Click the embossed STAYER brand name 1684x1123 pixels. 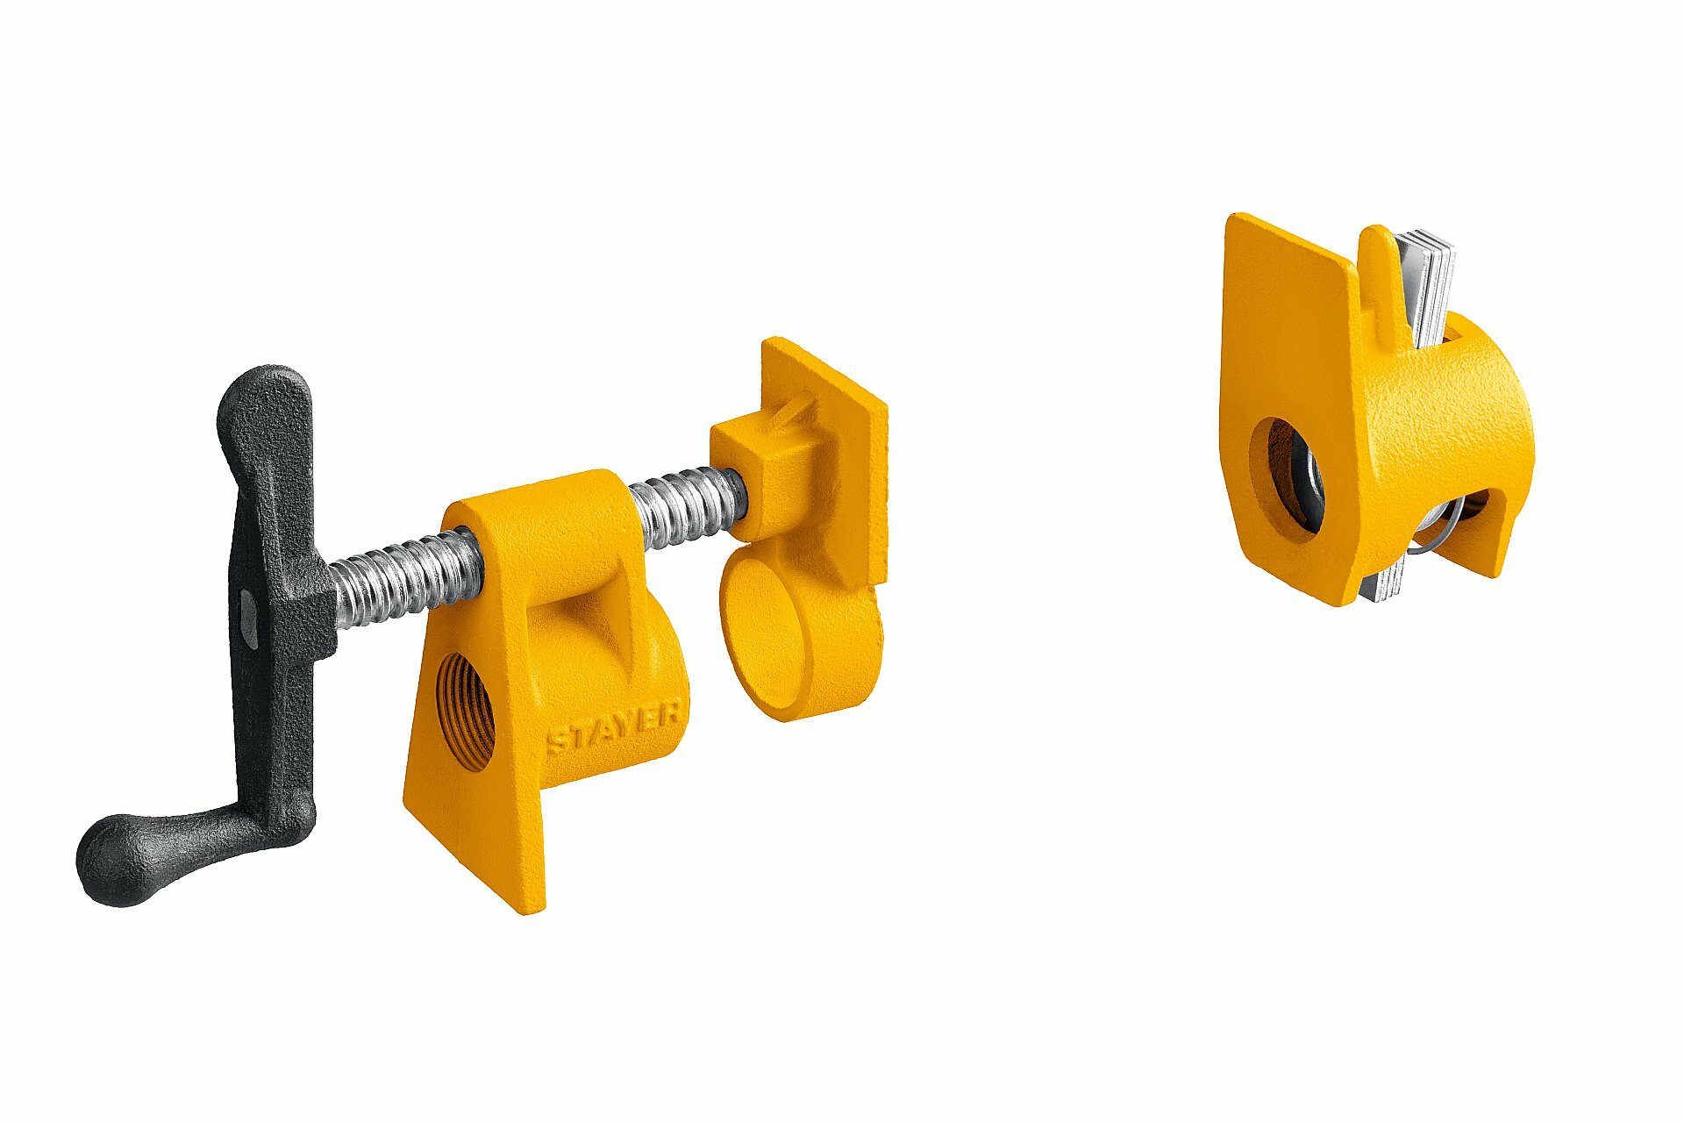pyautogui.click(x=615, y=728)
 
